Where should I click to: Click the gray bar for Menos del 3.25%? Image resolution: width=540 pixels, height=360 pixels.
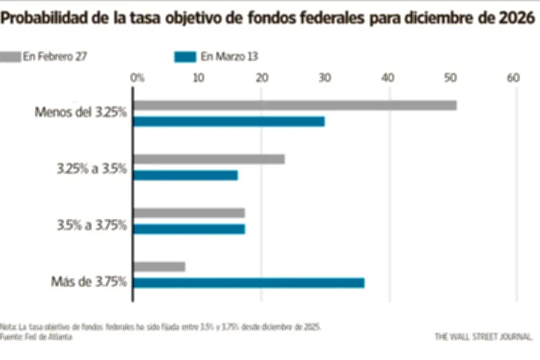click(295, 105)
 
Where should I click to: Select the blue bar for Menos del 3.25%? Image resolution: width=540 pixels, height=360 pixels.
click(229, 122)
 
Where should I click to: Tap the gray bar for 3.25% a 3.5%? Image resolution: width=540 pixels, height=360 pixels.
click(209, 159)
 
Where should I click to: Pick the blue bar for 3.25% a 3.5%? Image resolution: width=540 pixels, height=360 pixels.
click(186, 176)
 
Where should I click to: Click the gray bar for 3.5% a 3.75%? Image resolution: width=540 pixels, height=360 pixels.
click(189, 213)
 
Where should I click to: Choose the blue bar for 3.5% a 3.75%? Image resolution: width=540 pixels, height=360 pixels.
click(189, 229)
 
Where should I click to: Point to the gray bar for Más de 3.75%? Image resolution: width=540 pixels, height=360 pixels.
click(159, 267)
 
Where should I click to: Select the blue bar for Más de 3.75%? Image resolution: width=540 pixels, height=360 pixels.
click(248, 283)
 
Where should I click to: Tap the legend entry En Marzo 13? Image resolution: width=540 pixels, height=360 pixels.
click(216, 57)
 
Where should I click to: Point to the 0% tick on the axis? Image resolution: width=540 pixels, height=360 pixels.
click(137, 78)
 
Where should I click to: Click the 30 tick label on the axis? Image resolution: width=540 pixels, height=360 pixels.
click(325, 78)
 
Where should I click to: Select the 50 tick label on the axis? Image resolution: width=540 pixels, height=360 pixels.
click(451, 78)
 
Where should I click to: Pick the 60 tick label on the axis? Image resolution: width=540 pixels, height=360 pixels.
click(514, 78)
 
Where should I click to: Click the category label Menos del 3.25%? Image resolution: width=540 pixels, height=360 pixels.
click(81, 112)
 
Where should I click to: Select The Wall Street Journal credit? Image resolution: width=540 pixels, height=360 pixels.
click(483, 336)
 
